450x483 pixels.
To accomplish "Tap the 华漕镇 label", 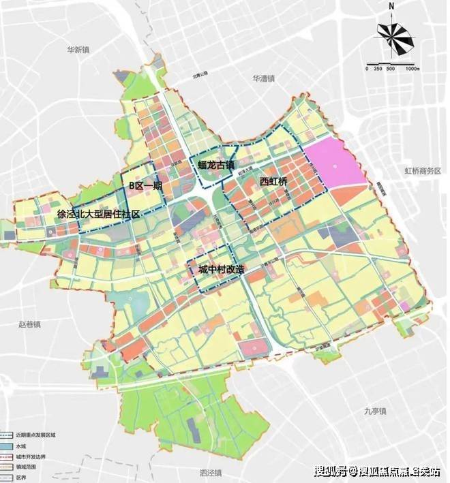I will [x=262, y=78].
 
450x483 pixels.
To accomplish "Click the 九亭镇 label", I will [x=374, y=410].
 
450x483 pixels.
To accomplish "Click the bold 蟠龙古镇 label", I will [x=216, y=164].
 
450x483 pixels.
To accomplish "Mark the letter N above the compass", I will [x=393, y=7].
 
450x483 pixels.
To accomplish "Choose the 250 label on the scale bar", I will [x=378, y=69].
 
